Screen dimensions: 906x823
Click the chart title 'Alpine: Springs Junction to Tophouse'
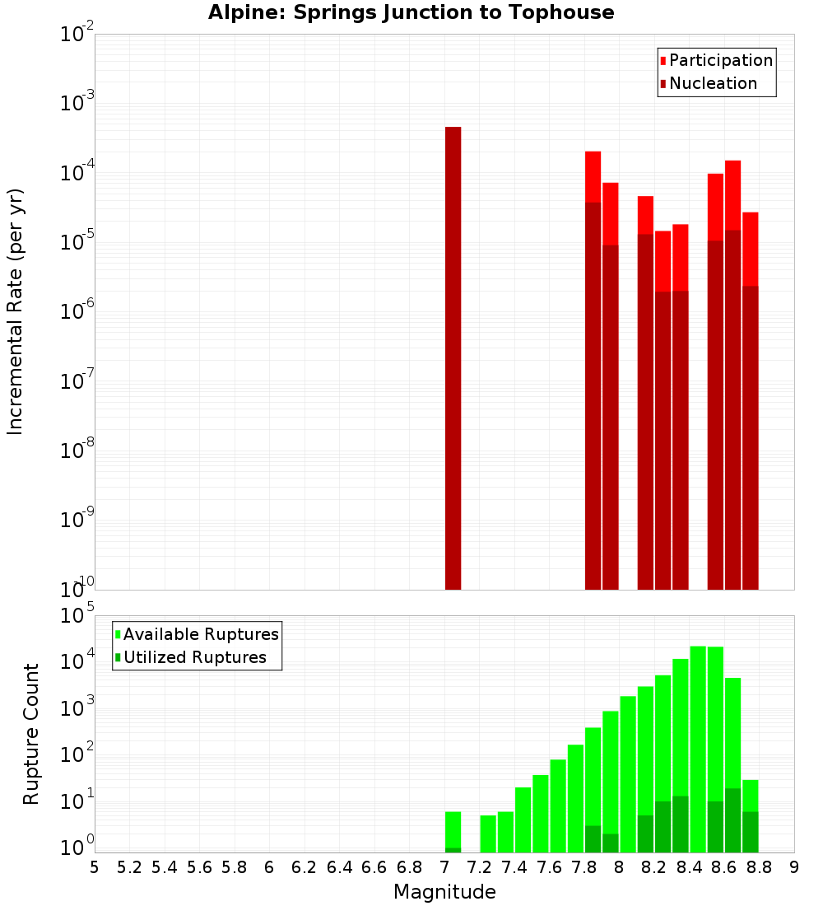pyautogui.click(x=411, y=12)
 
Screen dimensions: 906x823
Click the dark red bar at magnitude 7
pyautogui.click(x=453, y=358)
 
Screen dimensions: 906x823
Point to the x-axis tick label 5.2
pyautogui.click(x=129, y=867)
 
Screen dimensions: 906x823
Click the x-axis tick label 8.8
pyautogui.click(x=760, y=867)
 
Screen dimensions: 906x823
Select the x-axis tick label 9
pyautogui.click(x=794, y=867)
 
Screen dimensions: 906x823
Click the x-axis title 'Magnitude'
pyautogui.click(x=444, y=892)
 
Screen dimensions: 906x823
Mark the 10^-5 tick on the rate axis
pyautogui.click(x=77, y=242)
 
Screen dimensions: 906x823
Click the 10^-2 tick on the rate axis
pyautogui.click(x=77, y=35)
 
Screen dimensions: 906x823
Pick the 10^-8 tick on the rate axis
pyautogui.click(x=77, y=451)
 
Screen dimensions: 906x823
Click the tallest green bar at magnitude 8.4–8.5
pyautogui.click(x=698, y=750)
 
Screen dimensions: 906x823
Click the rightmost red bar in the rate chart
pyautogui.click(x=750, y=400)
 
